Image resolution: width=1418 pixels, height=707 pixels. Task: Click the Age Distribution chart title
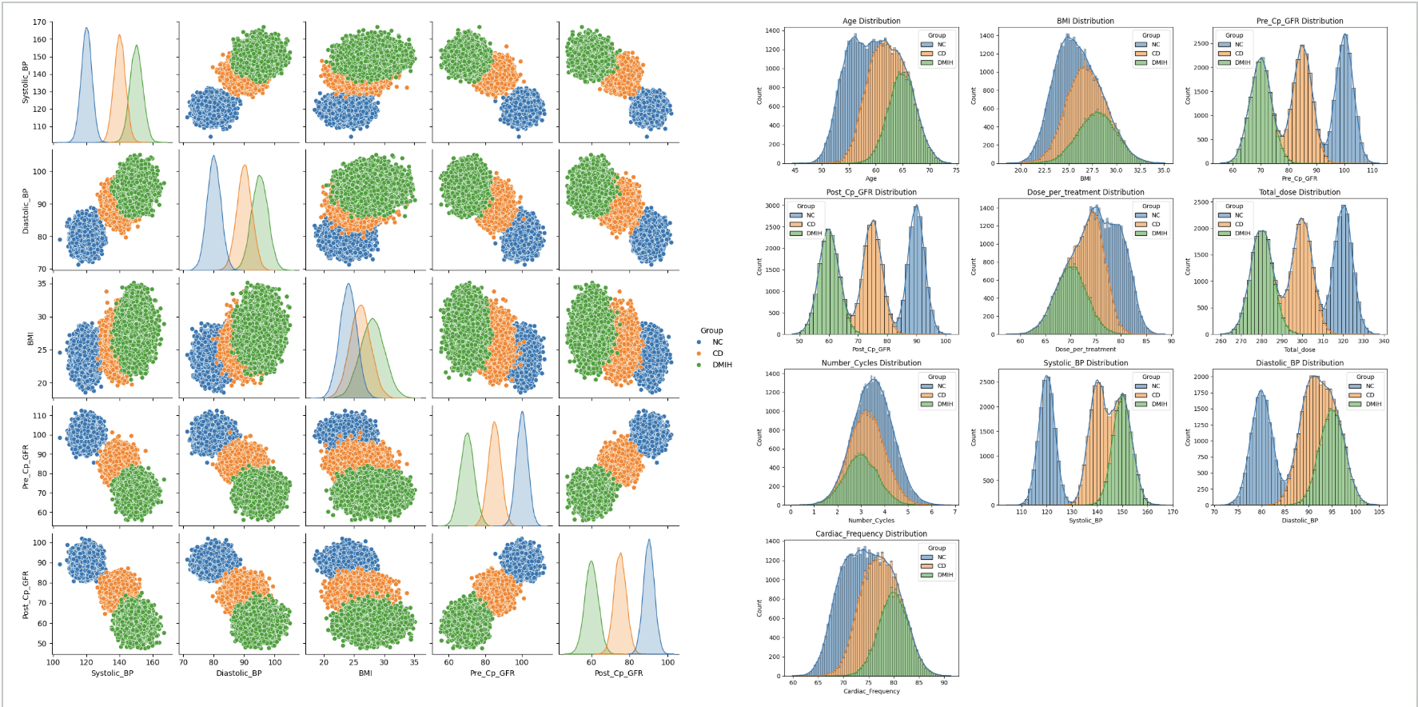871,21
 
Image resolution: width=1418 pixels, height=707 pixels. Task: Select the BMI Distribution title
1085,21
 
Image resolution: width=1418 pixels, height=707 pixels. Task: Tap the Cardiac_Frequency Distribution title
871,533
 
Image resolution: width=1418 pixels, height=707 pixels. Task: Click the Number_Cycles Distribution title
871,362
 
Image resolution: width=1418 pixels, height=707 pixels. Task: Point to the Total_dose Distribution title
1299,192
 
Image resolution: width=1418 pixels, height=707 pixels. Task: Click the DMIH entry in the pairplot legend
722,365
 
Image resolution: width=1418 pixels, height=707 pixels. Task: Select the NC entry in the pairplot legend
717,342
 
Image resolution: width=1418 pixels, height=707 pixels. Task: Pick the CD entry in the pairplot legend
717,353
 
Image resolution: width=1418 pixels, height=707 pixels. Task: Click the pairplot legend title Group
711,330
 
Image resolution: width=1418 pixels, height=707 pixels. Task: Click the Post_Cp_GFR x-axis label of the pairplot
619,673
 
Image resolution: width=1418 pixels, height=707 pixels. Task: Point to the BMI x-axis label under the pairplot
365,673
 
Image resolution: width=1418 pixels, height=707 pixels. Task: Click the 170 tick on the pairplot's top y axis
39,22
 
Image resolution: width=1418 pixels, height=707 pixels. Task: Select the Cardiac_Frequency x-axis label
871,691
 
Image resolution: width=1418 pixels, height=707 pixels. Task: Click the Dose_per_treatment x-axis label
1085,350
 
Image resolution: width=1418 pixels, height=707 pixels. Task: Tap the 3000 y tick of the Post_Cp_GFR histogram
772,206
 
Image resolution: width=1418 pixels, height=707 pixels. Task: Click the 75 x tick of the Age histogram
956,170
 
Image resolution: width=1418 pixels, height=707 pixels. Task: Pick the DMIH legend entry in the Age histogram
945,62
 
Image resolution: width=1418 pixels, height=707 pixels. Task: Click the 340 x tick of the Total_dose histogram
1384,342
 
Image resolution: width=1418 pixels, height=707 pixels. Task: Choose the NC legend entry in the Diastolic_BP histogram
1369,386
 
